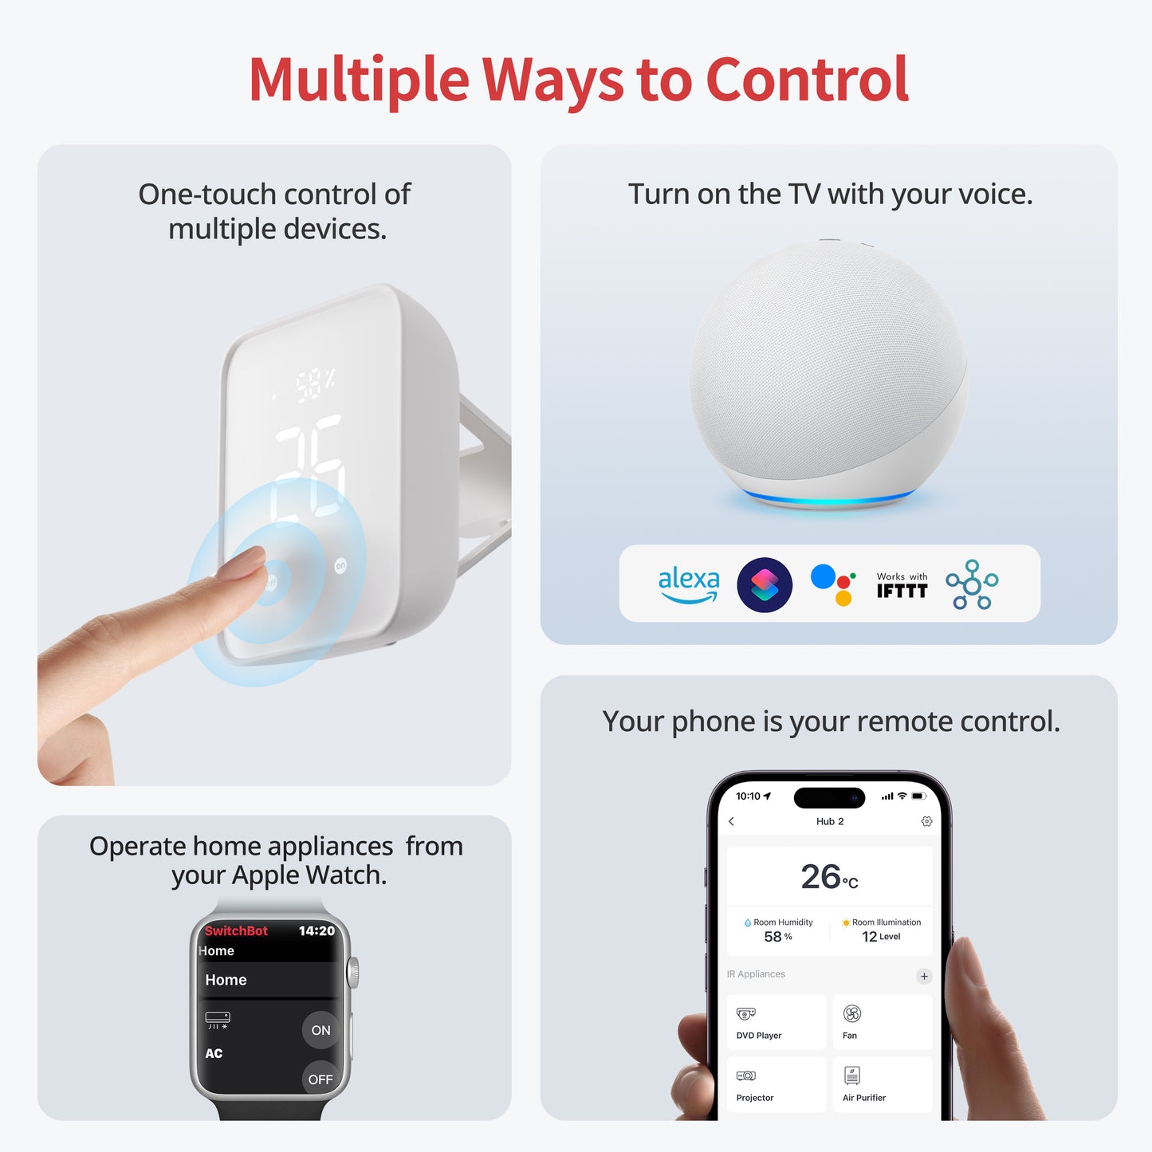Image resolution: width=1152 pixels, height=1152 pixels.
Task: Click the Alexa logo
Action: point(688,584)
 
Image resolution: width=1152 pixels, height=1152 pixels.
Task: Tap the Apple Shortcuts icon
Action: point(765,585)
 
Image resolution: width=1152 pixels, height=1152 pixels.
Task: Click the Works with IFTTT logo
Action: point(902,585)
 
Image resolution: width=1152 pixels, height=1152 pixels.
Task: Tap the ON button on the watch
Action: point(320,1030)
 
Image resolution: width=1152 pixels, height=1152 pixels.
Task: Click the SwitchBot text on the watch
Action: point(236,930)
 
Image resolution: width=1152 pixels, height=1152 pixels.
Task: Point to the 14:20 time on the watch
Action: point(316,930)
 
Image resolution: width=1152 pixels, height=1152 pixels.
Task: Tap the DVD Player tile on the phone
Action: point(777,1022)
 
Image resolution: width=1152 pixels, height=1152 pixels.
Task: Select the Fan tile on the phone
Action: point(882,1022)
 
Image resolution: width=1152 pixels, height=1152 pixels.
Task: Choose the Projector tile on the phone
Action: point(777,1084)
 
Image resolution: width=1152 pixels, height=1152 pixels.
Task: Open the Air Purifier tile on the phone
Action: point(882,1084)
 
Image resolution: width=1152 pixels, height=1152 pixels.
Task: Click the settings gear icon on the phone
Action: point(926,821)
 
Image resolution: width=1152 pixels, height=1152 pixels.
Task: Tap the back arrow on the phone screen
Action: point(732,821)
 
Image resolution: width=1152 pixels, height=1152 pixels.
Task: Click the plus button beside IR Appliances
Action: point(924,976)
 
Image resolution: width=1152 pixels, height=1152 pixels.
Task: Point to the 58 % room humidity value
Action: point(777,937)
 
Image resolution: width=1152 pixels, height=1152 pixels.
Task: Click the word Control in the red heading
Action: point(807,80)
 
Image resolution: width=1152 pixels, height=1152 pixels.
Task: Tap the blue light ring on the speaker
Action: point(829,500)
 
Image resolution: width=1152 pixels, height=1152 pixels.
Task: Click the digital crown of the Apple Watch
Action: point(353,972)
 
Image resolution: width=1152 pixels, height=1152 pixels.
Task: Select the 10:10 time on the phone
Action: point(748,796)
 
